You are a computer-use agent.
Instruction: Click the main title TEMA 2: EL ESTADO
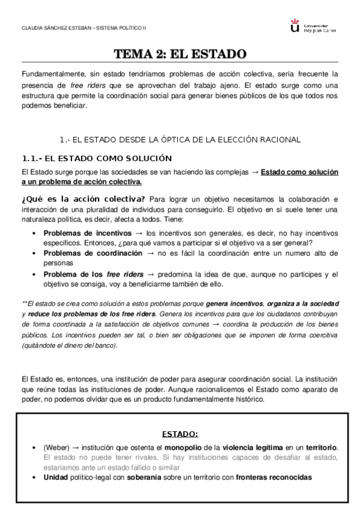coord(180,54)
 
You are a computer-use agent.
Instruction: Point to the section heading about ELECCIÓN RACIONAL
coord(180,140)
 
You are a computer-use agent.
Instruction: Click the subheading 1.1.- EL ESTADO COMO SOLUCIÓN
coord(96,158)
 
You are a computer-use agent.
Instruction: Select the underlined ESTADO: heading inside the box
coord(180,434)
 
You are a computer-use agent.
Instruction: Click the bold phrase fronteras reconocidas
coord(274,477)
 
